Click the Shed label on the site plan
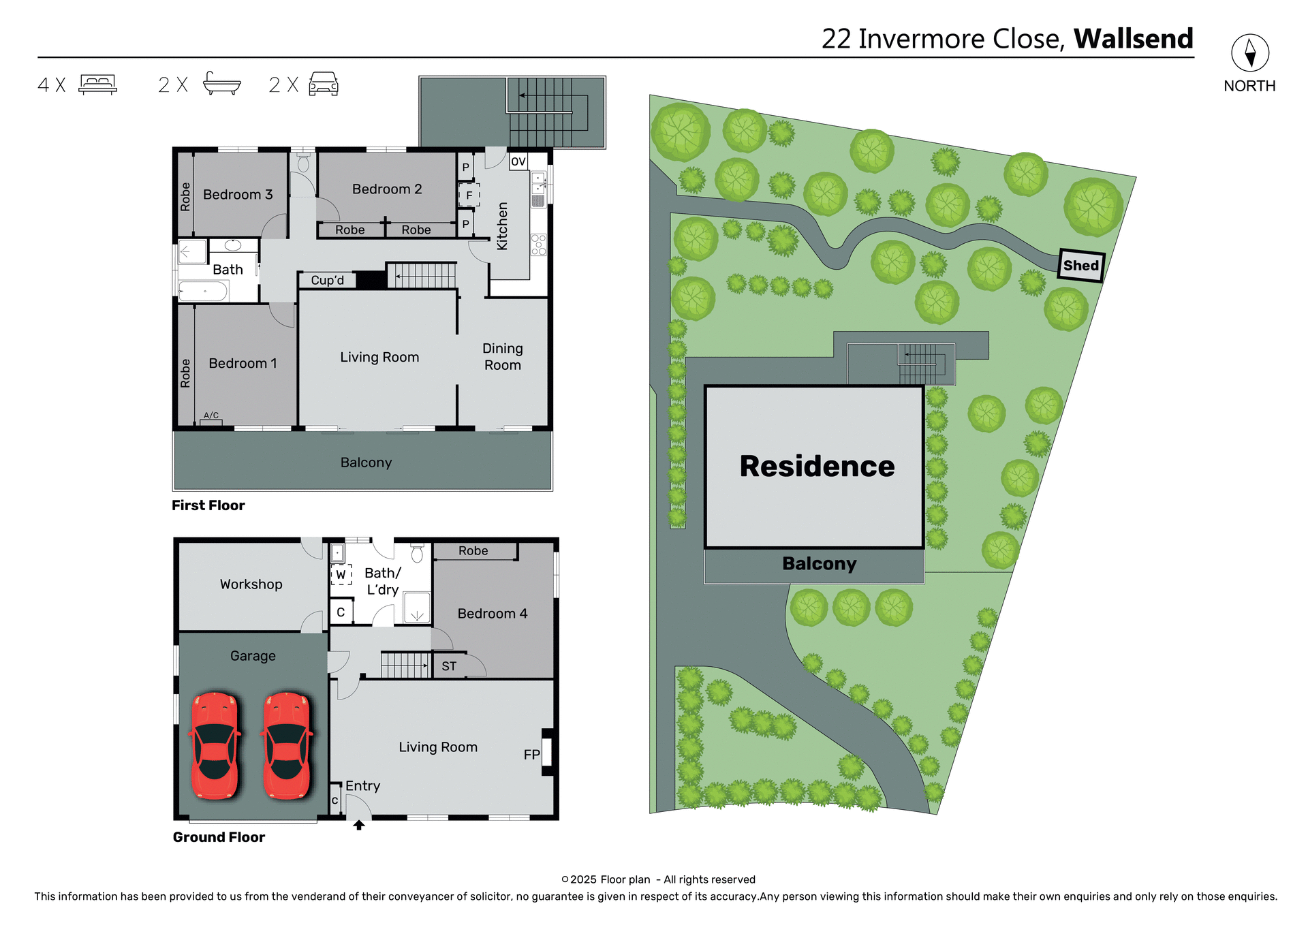click(x=1080, y=266)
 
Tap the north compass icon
click(x=1249, y=53)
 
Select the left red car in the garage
click(x=215, y=745)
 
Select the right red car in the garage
click(x=287, y=745)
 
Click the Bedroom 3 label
click(x=238, y=195)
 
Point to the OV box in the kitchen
click(x=518, y=161)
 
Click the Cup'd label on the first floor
click(x=327, y=280)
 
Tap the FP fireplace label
click(x=531, y=755)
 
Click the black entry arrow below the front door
click(x=359, y=825)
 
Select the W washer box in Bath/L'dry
click(x=341, y=575)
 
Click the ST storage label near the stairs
click(x=448, y=666)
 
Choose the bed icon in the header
click(x=98, y=84)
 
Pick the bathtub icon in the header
click(x=222, y=84)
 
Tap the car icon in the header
click(x=324, y=84)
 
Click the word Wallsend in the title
click(x=1133, y=39)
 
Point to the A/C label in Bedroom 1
click(x=211, y=416)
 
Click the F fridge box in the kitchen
click(x=469, y=195)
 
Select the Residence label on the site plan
click(x=817, y=467)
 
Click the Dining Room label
click(x=503, y=357)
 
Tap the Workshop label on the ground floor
click(x=251, y=584)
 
